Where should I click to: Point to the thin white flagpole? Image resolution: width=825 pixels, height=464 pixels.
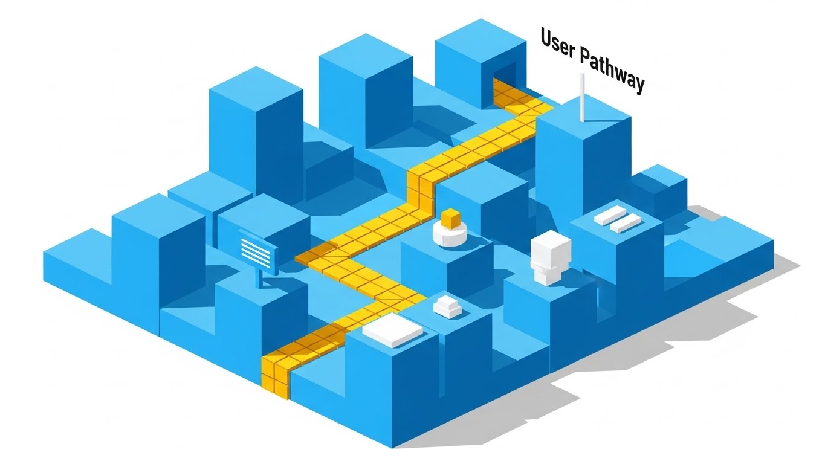pyautogui.click(x=581, y=97)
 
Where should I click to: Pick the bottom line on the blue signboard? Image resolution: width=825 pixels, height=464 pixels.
pyautogui.click(x=254, y=261)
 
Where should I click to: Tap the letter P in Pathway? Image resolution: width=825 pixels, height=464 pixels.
pyautogui.click(x=586, y=57)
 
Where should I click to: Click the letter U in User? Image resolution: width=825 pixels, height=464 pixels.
pyautogui.click(x=546, y=39)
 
